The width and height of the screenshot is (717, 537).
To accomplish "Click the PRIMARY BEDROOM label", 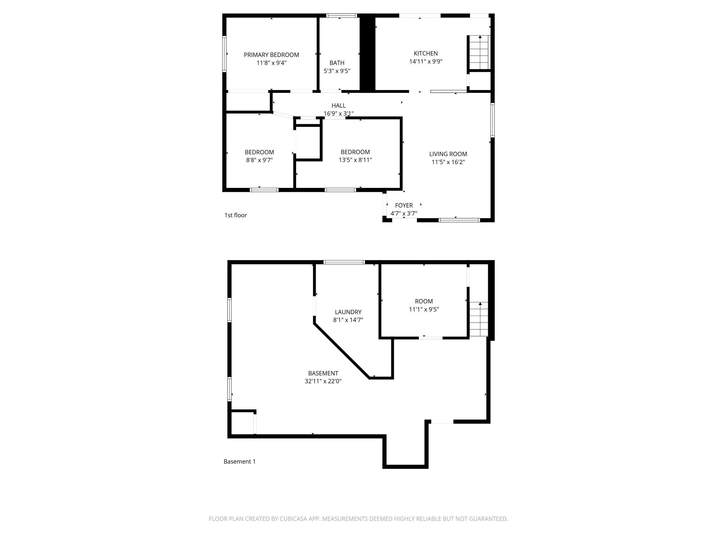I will (271, 55).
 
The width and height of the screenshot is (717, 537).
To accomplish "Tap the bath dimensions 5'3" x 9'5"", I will (337, 71).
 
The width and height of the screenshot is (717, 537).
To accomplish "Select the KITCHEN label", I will (426, 53).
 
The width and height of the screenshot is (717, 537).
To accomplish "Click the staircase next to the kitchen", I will (479, 53).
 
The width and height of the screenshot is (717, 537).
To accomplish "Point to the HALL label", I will (338, 105).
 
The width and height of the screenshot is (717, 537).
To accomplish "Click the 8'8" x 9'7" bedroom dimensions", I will (259, 160).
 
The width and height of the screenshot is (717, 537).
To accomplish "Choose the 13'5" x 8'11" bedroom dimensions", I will (355, 160).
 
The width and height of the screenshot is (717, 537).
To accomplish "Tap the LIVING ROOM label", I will (448, 154).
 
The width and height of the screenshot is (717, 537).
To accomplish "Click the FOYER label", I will (404, 205).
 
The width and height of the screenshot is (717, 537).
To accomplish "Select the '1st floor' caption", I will (235, 215).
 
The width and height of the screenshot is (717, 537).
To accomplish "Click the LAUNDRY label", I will (348, 312).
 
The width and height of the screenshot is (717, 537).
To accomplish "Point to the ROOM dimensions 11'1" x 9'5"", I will (424, 309).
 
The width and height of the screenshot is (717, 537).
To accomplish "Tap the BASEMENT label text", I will (323, 373).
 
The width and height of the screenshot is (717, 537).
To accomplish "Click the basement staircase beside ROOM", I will (479, 319).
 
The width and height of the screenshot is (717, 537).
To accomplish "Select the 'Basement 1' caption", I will (239, 462).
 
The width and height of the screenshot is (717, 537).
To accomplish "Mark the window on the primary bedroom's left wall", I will (224, 54).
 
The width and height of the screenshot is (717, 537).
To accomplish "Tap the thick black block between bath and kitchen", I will (367, 53).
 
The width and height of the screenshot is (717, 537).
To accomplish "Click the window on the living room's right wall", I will (492, 120).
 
